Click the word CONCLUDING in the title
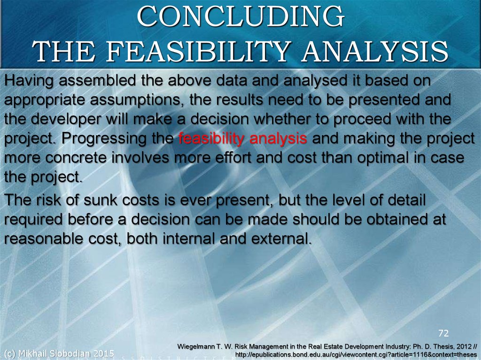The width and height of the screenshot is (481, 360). point(241,16)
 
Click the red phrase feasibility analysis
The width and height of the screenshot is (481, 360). point(243,138)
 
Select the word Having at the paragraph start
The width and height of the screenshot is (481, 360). point(29,81)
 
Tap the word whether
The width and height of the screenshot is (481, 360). point(285,119)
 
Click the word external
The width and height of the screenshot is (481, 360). point(281,239)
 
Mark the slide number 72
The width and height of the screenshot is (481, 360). point(443,333)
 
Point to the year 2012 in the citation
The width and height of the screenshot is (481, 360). point(464,346)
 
